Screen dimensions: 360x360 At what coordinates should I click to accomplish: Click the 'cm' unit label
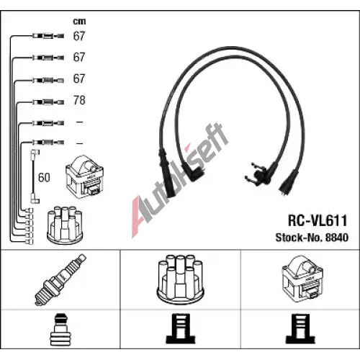[x=79, y=22]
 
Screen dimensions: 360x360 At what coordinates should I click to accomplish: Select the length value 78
[x=79, y=100]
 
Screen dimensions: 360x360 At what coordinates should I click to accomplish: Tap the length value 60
[x=44, y=178]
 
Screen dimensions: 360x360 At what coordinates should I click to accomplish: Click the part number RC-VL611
[x=318, y=220]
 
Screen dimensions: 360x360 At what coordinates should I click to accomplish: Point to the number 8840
[x=337, y=238]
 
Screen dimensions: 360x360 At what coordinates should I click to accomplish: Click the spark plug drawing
[x=60, y=280]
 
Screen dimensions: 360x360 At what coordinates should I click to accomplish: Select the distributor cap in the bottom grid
[x=180, y=279]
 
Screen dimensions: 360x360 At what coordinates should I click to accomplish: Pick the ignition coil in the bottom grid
[x=302, y=279]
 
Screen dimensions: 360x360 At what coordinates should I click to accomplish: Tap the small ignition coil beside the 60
[x=84, y=177]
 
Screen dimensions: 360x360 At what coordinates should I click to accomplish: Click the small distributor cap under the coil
[x=65, y=225]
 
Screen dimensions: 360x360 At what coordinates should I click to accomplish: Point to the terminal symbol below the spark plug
[x=60, y=330]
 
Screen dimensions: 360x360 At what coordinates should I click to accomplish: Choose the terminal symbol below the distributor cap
[x=181, y=329]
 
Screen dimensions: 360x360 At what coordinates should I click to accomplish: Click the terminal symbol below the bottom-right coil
[x=300, y=329]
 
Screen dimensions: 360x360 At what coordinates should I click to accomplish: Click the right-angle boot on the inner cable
[x=194, y=172]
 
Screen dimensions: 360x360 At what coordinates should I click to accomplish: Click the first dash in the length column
[x=79, y=122]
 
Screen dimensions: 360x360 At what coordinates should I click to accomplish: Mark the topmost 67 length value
[x=79, y=36]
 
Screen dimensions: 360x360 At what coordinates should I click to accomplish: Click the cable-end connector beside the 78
[x=48, y=102]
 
